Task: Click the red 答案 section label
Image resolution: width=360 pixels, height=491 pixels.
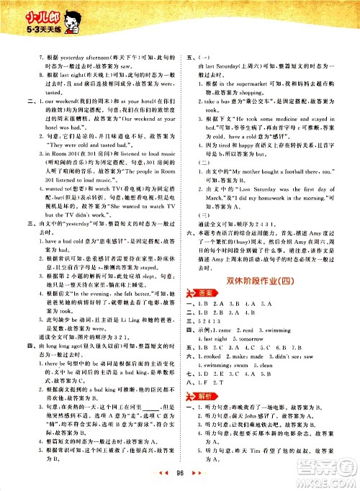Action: [x=204, y=299]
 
